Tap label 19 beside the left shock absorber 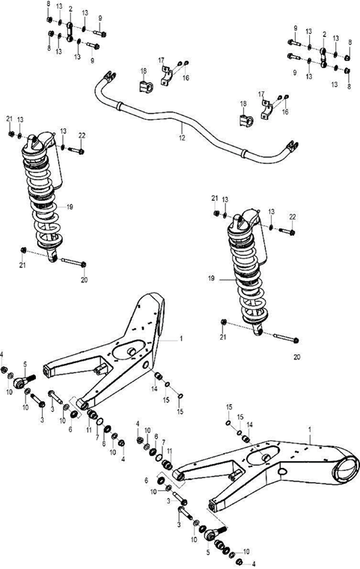coord(69,204)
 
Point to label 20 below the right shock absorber coord(296,356)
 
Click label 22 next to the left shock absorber coord(82,135)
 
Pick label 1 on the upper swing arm coord(180,338)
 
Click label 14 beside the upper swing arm coord(154,389)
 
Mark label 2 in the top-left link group coord(70,9)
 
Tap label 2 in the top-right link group coord(323,34)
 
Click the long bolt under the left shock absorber coord(71,263)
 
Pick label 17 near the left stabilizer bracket coord(161,60)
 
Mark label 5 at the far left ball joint coord(25,365)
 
